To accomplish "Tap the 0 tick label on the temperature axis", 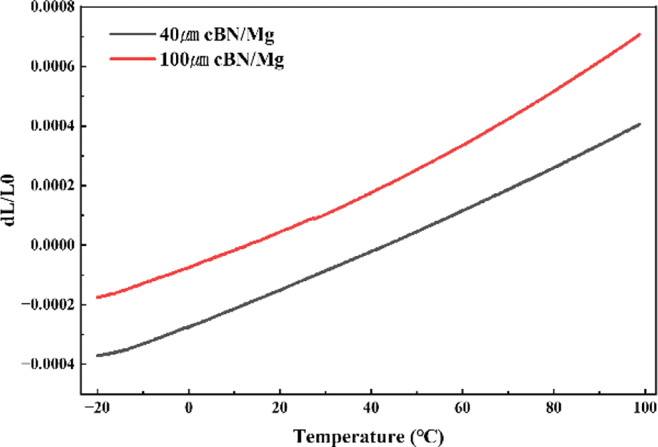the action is (x=189, y=407).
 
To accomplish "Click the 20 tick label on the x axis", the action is (x=280, y=407).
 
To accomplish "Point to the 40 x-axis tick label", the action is (x=371, y=407).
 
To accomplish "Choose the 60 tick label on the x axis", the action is (x=462, y=407).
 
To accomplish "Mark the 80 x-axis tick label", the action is (x=554, y=407).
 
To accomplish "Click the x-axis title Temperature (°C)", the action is (x=368, y=437).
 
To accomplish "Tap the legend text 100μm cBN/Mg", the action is (x=221, y=60).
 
